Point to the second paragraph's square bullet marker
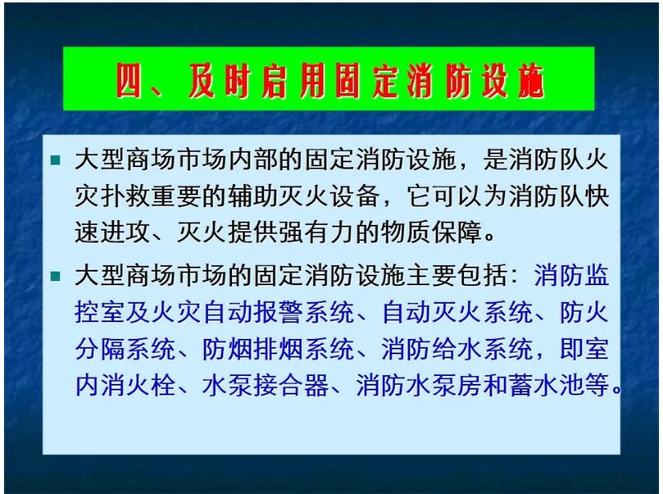(55, 277)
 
